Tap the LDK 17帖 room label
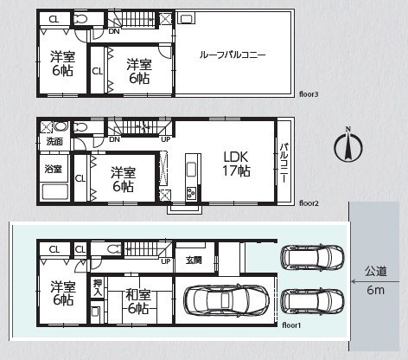tap(236, 164)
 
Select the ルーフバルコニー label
tap(233, 55)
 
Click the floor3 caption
tap(309, 94)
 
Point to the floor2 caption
tap(309, 203)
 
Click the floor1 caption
tap(291, 325)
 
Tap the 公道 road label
tap(375, 271)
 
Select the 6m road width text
tap(375, 290)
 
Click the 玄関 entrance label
tap(194, 260)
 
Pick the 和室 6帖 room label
tap(138, 302)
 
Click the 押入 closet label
tap(98, 287)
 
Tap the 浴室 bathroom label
tap(54, 169)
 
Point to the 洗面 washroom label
tap(54, 142)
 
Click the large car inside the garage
tap(226, 300)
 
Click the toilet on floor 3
tap(80, 19)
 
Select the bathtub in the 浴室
tap(55, 192)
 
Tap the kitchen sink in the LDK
tap(191, 170)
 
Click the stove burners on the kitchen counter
tap(191, 193)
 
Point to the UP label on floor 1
tap(166, 261)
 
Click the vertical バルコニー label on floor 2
tap(284, 163)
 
